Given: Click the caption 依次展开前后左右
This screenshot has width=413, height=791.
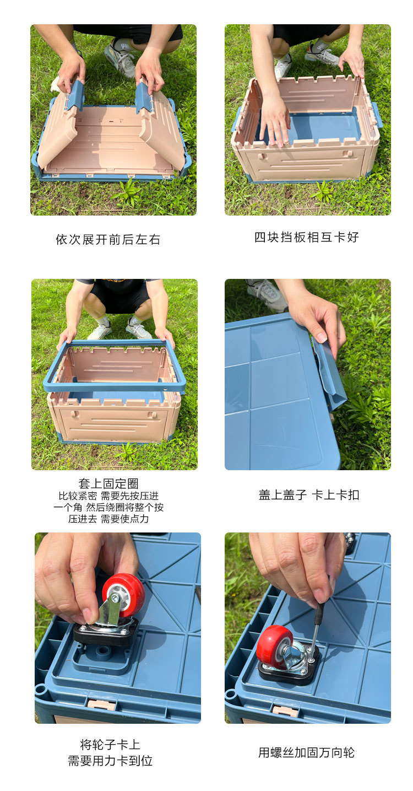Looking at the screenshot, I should (x=108, y=240).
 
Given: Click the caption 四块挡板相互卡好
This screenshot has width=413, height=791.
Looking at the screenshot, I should (x=306, y=237).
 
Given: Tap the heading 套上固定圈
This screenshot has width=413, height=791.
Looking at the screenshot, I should (x=108, y=483).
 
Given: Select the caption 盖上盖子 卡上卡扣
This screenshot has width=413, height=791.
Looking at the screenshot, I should (x=308, y=495).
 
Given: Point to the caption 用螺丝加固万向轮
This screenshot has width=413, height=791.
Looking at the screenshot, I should (x=306, y=752).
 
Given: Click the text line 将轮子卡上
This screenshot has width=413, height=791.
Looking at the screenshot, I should (x=110, y=745).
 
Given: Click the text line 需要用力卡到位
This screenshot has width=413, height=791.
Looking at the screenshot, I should (x=110, y=761).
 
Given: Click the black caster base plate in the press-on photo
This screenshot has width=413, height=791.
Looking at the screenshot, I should (x=106, y=634).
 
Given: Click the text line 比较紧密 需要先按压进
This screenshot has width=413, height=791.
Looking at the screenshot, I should (x=108, y=496).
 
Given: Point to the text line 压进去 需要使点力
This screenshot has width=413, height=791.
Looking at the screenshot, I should (x=108, y=519).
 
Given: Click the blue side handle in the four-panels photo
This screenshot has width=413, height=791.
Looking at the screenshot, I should (x=377, y=114).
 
